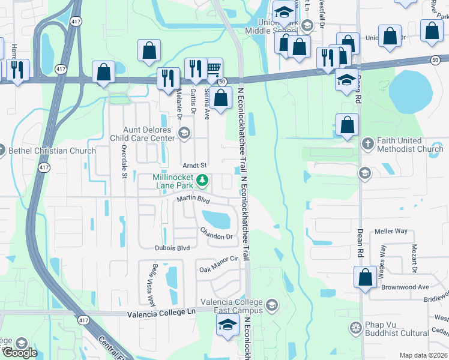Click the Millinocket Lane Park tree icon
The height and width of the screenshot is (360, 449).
point(203,179)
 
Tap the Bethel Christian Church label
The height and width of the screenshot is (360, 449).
point(53,151)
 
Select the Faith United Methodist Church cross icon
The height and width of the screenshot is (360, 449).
point(368,144)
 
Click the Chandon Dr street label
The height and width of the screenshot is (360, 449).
point(216,233)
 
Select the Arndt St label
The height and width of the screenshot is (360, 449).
point(194,165)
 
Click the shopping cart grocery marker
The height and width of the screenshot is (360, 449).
point(212,69)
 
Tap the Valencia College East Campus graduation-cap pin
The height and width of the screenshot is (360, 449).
point(227,326)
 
